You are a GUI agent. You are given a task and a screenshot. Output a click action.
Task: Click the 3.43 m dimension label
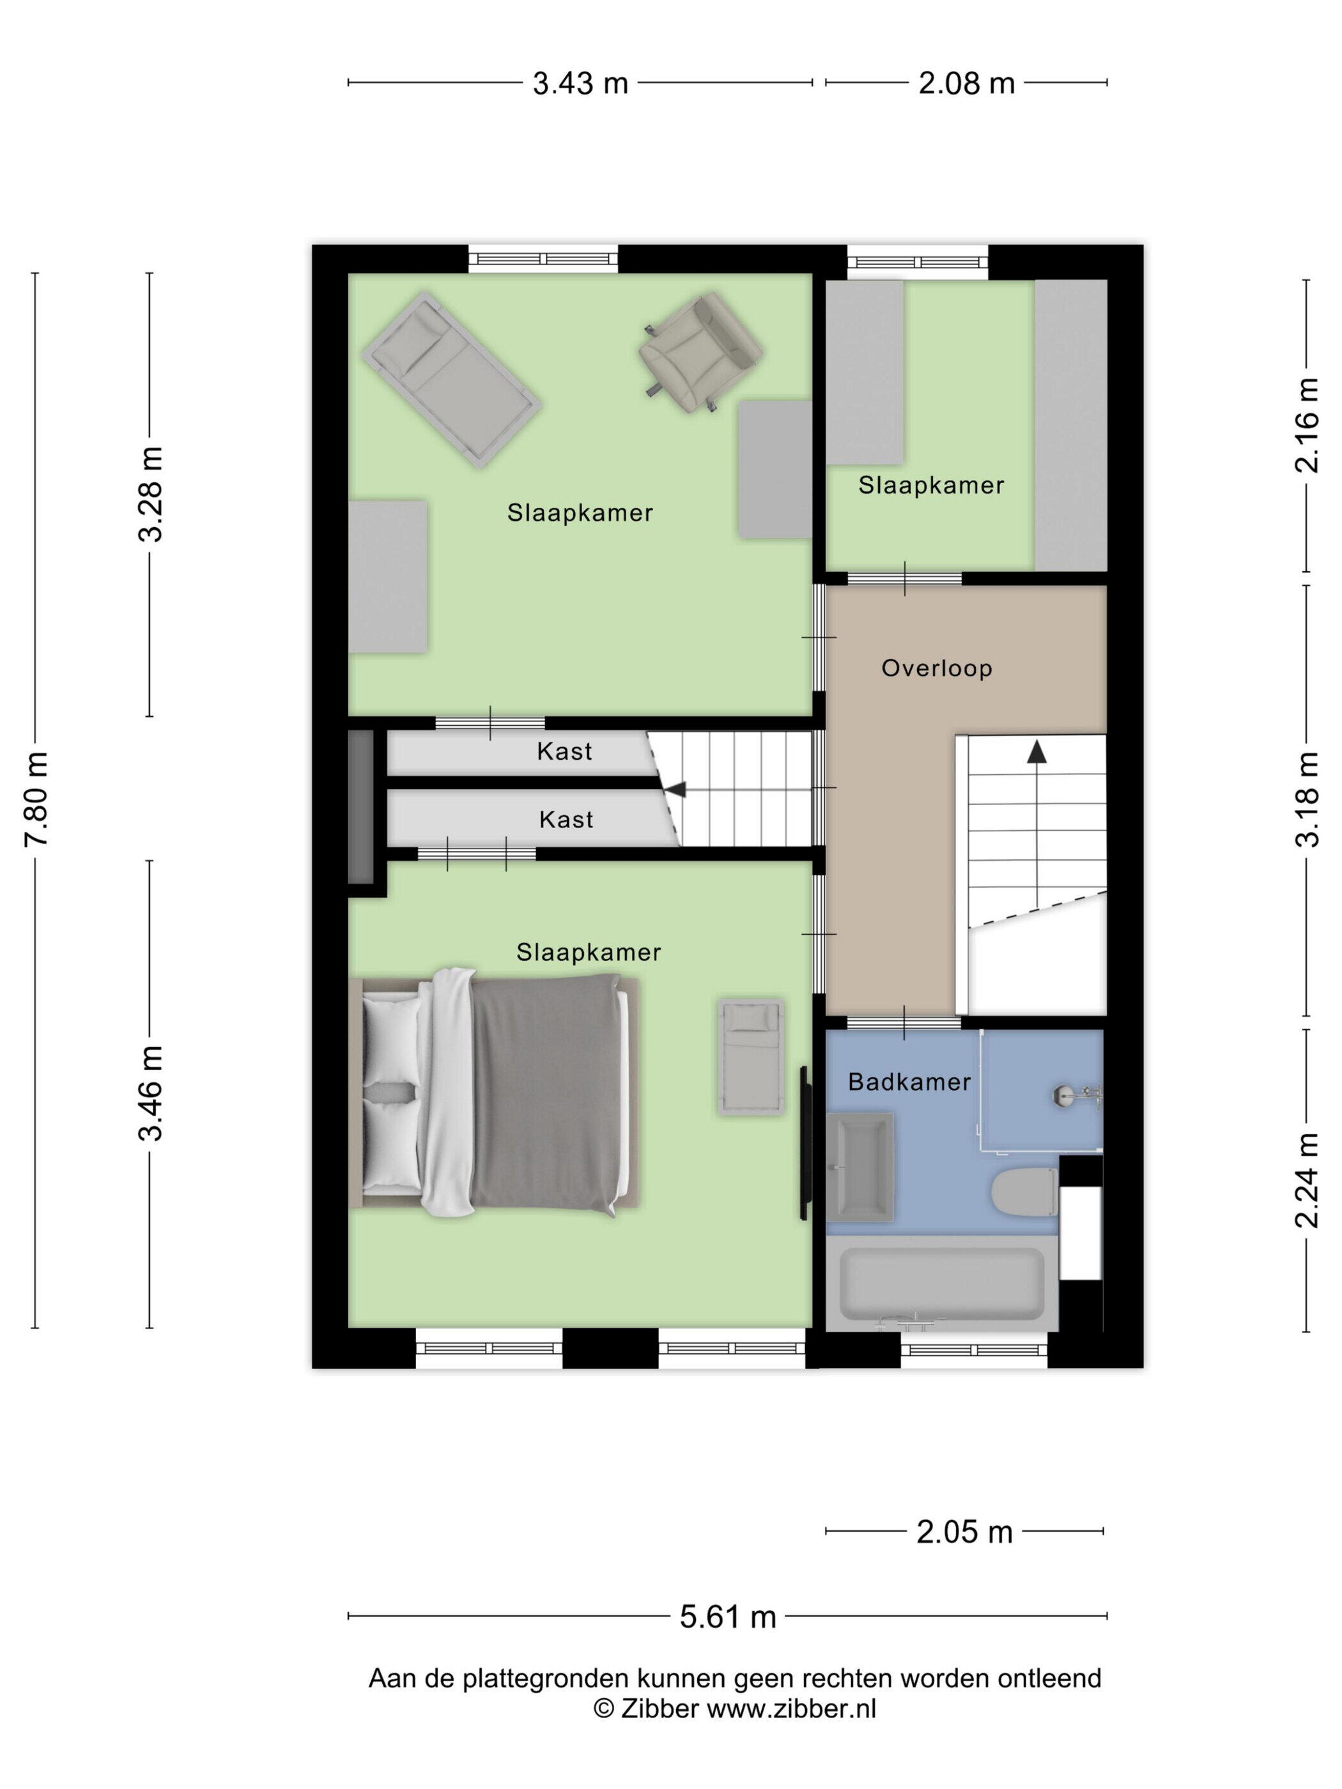point(580,83)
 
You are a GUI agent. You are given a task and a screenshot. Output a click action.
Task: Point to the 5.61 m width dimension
point(727,1616)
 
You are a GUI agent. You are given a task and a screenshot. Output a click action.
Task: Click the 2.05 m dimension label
point(964,1532)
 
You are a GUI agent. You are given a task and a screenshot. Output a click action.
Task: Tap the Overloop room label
point(937,668)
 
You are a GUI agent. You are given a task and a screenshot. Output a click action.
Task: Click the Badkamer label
point(909,1082)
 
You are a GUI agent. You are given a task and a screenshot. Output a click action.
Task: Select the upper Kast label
point(565,751)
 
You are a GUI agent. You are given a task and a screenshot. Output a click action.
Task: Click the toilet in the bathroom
point(1025,1192)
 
